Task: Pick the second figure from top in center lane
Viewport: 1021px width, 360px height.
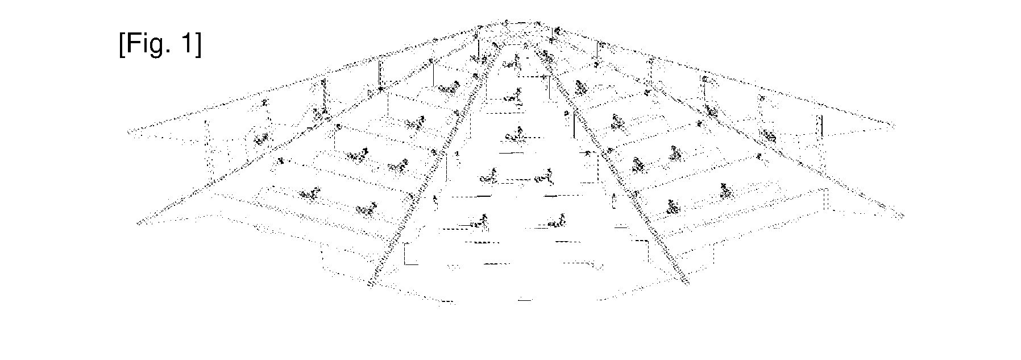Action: pos(514,97)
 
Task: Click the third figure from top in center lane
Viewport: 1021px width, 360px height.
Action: pos(514,134)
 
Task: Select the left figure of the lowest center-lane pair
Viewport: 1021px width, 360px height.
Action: pos(478,222)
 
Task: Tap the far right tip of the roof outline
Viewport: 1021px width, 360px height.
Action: pos(894,125)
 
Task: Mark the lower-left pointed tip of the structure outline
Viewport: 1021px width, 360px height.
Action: pos(139,222)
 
